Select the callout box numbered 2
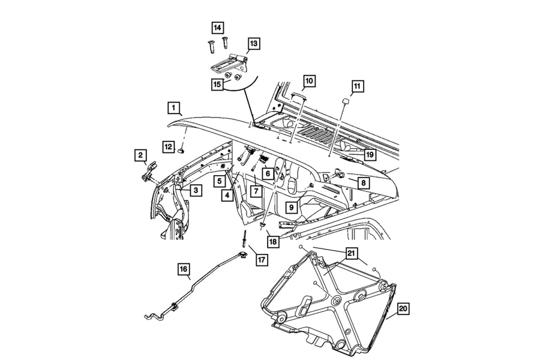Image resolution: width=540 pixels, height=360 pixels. [x=140, y=157]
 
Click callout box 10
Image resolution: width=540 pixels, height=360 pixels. [x=309, y=80]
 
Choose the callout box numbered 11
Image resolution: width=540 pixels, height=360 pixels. [x=357, y=86]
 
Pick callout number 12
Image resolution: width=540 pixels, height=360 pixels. [x=169, y=145]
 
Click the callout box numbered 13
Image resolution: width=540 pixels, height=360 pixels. [x=254, y=43]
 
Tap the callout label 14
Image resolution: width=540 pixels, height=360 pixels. [x=217, y=27]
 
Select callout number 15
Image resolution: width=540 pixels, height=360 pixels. [x=217, y=84]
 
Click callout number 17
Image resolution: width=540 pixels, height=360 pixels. [x=262, y=260]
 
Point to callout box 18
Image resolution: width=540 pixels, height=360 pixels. [x=273, y=241]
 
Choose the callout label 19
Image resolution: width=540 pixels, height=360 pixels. [x=369, y=155]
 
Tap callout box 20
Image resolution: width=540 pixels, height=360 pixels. [x=403, y=309]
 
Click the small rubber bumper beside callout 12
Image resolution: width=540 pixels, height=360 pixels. [x=182, y=151]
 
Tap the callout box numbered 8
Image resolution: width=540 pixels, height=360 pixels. [x=364, y=181]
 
